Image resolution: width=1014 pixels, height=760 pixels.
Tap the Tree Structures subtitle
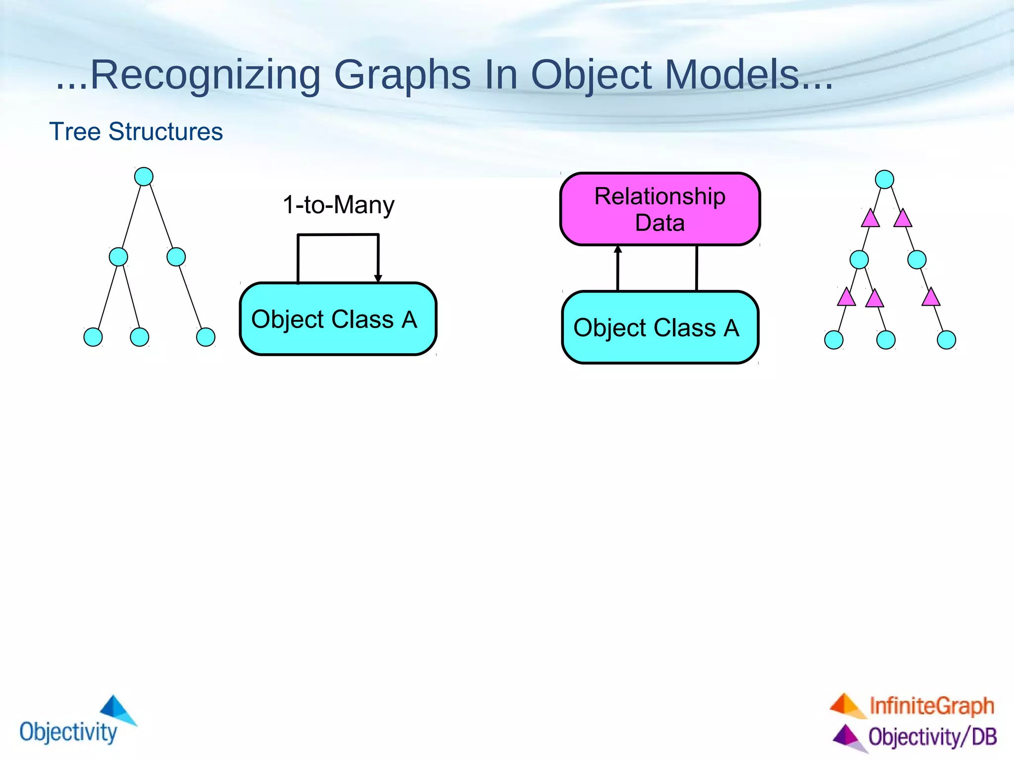[x=136, y=132]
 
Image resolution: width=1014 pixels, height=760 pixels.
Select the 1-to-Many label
[x=338, y=204]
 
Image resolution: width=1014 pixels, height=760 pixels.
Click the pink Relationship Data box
[x=660, y=209]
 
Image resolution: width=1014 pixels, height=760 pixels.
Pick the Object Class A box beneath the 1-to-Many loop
[x=338, y=319]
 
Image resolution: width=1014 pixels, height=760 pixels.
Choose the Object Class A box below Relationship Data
[x=660, y=328]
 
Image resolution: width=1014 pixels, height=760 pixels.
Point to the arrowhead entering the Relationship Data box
[x=618, y=249]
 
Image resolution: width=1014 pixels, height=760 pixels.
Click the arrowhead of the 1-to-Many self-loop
[x=378, y=279]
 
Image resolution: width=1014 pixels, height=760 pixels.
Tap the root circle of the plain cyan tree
[x=144, y=177]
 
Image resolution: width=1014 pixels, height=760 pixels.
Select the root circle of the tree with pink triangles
[x=884, y=179]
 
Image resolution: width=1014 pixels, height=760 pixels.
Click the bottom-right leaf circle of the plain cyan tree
[x=205, y=337]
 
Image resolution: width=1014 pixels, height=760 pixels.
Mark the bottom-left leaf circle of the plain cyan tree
[x=93, y=337]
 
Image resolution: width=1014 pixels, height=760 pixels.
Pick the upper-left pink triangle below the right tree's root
[x=870, y=219]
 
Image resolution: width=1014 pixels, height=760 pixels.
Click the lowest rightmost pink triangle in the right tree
[x=931, y=297]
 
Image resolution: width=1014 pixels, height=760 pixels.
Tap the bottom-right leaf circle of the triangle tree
[x=946, y=340]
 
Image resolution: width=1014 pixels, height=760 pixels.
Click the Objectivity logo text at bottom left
[x=68, y=731]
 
